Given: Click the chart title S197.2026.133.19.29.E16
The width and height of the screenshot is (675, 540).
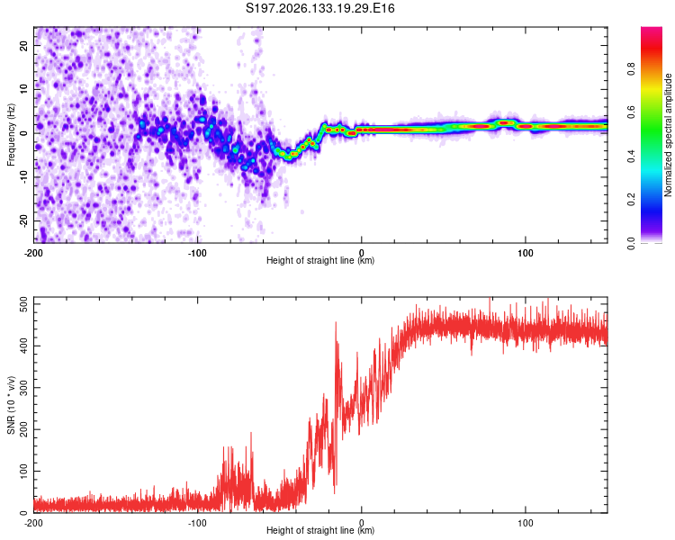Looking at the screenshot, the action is pos(319,8).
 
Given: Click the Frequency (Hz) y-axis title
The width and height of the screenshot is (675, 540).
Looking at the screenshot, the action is pos(11,135).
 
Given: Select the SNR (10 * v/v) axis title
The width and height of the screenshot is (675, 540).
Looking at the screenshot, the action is pos(11,405).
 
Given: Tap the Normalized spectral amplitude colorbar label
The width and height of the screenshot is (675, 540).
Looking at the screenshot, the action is pos(668,135).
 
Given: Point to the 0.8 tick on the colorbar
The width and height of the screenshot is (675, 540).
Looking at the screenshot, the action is pos(631,69).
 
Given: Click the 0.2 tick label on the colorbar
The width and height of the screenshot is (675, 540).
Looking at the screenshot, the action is pos(631,200).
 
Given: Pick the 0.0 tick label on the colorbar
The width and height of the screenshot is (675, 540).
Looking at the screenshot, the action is pos(631,243).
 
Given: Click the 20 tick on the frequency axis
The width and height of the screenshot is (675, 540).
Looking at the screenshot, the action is pos(23,46).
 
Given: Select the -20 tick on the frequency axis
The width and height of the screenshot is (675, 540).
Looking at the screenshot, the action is pos(23,220).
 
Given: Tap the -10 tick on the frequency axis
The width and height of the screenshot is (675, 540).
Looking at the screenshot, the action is pos(23,177).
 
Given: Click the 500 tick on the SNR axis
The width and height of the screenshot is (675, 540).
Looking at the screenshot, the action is pos(23,304).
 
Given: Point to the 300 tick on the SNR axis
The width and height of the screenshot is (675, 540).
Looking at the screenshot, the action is pos(23,388).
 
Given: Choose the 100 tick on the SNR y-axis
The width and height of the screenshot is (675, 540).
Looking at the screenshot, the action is pos(23,471).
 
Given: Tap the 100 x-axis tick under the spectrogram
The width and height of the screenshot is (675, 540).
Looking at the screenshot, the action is pos(526,253).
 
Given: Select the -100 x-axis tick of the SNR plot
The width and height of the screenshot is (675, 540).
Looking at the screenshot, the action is pos(197,523).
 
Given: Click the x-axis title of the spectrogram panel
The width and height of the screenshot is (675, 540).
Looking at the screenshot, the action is pos(320,260).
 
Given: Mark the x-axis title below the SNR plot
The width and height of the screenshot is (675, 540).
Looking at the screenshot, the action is pos(320,530).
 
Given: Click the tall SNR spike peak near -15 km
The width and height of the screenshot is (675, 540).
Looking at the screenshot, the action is pos(336,322).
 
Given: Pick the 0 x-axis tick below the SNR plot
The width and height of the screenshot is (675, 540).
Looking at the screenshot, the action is pos(361,523).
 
